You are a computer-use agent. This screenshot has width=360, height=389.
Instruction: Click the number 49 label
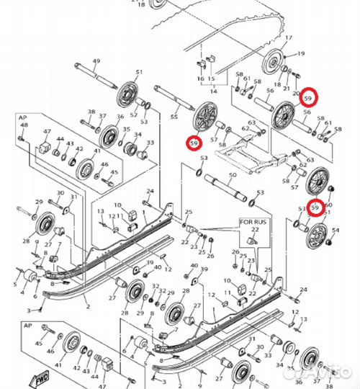click(96, 61)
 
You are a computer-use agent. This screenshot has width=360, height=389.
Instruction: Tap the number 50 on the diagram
click(232, 175)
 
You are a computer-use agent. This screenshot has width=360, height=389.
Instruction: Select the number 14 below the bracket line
click(212, 91)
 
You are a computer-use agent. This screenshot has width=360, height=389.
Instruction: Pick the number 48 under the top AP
click(24, 126)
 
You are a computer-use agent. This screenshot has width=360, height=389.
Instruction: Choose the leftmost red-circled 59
click(193, 143)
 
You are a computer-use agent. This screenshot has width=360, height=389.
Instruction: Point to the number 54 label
click(336, 230)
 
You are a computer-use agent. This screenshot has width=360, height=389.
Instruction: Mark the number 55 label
click(174, 116)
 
